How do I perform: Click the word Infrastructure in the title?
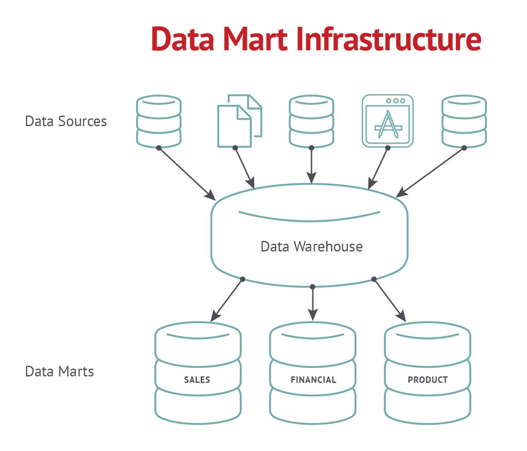[x=389, y=39]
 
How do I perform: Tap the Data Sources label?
[x=66, y=121]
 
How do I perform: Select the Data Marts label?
[x=59, y=371]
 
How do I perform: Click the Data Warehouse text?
[x=311, y=246]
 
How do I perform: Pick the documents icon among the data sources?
[x=239, y=120]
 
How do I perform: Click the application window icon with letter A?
[x=387, y=121]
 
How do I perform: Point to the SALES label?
[x=197, y=380]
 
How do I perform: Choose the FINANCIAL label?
[x=313, y=380]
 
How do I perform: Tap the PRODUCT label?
[x=428, y=380]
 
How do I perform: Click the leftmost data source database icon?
[x=159, y=121]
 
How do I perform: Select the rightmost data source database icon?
[x=464, y=121]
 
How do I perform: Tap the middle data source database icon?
[x=311, y=121]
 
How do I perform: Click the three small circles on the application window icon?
[x=395, y=101]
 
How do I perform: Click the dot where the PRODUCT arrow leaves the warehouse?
[x=374, y=279]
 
